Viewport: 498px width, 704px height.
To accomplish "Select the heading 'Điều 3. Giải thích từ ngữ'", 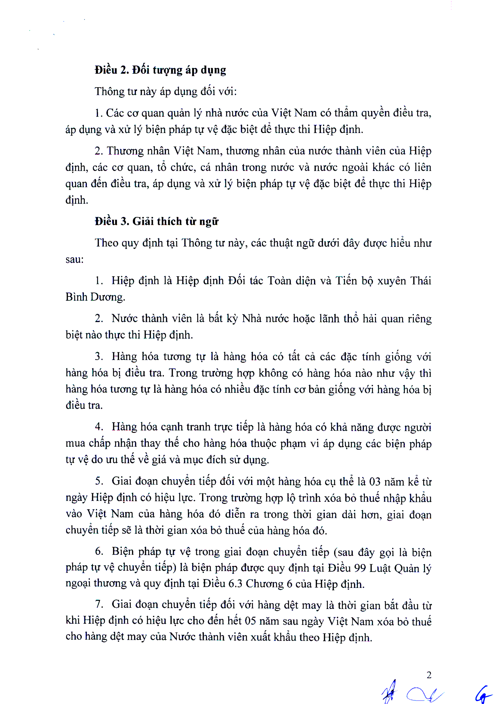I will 156,221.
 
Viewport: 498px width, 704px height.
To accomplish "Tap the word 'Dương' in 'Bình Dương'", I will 108,297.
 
